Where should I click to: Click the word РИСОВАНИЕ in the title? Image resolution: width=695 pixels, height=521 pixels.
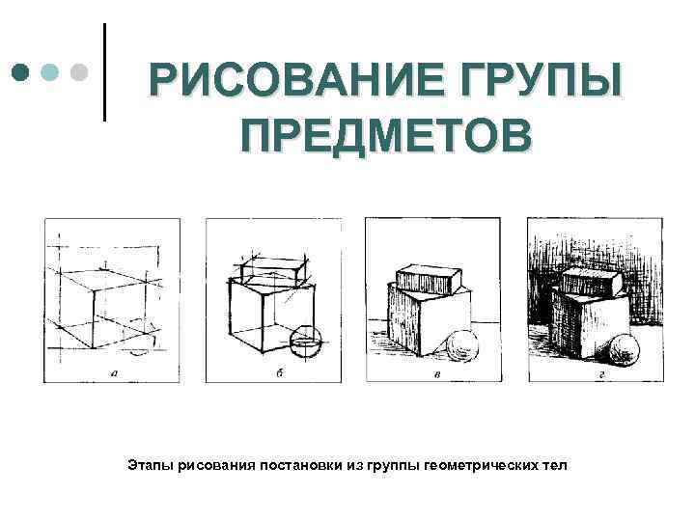coord(296,80)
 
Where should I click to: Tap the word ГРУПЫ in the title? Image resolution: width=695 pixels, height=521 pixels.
coord(542,80)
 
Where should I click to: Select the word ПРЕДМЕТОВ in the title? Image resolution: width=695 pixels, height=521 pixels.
coord(386,134)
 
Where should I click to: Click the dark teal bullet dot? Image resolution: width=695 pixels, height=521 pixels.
coord(20,72)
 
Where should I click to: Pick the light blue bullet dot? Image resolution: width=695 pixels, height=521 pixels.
coord(49,72)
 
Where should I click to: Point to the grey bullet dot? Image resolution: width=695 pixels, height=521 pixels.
coord(79,72)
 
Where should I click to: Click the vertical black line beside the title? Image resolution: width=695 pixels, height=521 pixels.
coord(104,72)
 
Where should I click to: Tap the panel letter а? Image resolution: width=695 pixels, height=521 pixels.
coord(114,373)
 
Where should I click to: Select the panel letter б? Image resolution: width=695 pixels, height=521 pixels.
coord(279,373)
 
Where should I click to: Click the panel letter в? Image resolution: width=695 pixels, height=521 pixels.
coord(437,374)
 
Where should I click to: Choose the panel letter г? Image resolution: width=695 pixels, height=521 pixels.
coord(601,374)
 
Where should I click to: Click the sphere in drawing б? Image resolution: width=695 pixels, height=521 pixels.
coord(306,343)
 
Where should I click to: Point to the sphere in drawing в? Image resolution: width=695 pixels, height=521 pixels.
coord(462,345)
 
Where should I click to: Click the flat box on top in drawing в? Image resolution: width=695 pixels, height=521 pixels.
coord(429,279)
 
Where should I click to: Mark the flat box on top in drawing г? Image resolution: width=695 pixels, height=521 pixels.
coord(593,284)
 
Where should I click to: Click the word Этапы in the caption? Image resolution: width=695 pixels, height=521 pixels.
coord(151,465)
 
